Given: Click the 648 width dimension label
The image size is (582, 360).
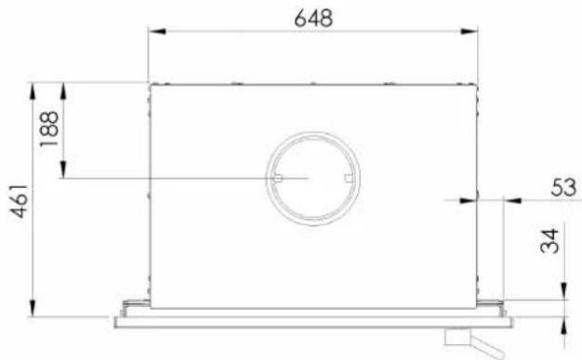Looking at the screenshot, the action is [x=313, y=19].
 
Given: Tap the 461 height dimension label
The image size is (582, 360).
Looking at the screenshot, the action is [x=19, y=201].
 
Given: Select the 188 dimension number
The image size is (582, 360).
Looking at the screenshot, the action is [x=49, y=128].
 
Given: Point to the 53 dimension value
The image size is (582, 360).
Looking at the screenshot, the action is [x=563, y=187].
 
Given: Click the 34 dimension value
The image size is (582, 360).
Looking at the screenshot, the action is [x=549, y=241].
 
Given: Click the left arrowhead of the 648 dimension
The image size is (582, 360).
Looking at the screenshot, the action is [x=157, y=32].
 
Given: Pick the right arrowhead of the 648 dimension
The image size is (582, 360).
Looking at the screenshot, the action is [x=469, y=32].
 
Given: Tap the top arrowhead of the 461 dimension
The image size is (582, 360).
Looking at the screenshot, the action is [x=33, y=91].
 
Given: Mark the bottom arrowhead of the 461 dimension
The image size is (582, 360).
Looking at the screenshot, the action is [x=33, y=308].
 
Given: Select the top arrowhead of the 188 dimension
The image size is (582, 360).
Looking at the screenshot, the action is [x=63, y=91].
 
